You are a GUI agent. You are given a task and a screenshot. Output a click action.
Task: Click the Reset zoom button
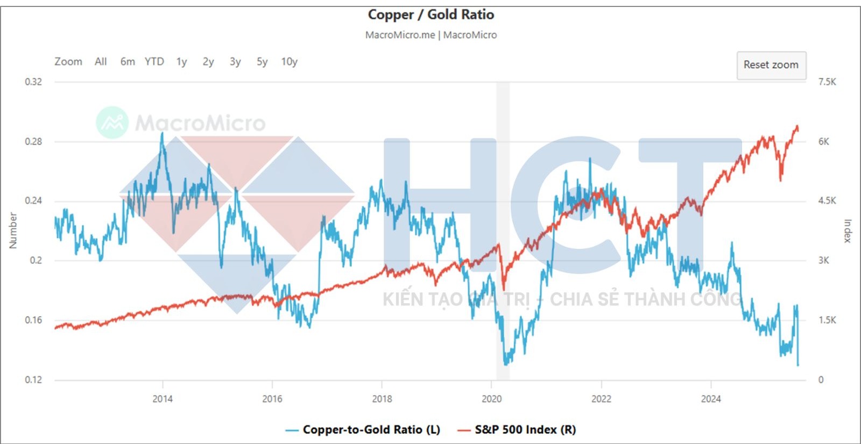tap(771, 65)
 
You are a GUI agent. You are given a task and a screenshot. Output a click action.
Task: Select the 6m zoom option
tap(128, 62)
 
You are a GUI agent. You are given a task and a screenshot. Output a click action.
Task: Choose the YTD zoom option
tap(154, 62)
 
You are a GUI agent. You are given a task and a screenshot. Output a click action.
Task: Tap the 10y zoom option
tap(289, 62)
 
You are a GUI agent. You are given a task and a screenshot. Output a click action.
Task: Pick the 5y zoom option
tap(262, 62)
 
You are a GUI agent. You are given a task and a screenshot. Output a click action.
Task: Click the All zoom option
tap(101, 62)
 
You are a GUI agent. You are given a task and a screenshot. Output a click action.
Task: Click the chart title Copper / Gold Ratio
tap(430, 15)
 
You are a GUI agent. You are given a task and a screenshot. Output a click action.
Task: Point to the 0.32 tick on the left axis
tap(33, 82)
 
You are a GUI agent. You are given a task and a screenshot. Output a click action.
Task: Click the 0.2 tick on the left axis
tap(36, 260)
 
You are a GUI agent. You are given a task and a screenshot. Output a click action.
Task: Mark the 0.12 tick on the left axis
tap(33, 379)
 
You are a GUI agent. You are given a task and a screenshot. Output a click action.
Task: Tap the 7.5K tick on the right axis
tap(827, 82)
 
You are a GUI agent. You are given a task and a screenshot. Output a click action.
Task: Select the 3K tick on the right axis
tap(823, 260)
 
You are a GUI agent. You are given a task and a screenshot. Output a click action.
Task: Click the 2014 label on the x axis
tap(163, 399)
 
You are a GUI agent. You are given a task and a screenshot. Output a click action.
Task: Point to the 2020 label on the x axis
tap(491, 399)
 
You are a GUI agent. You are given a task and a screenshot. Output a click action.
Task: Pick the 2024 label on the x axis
tap(711, 399)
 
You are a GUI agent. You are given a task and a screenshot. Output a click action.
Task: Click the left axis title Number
tap(13, 231)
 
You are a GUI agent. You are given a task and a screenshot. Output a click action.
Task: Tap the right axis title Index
tap(848, 231)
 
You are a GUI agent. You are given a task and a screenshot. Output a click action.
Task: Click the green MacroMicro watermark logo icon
tap(112, 123)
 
